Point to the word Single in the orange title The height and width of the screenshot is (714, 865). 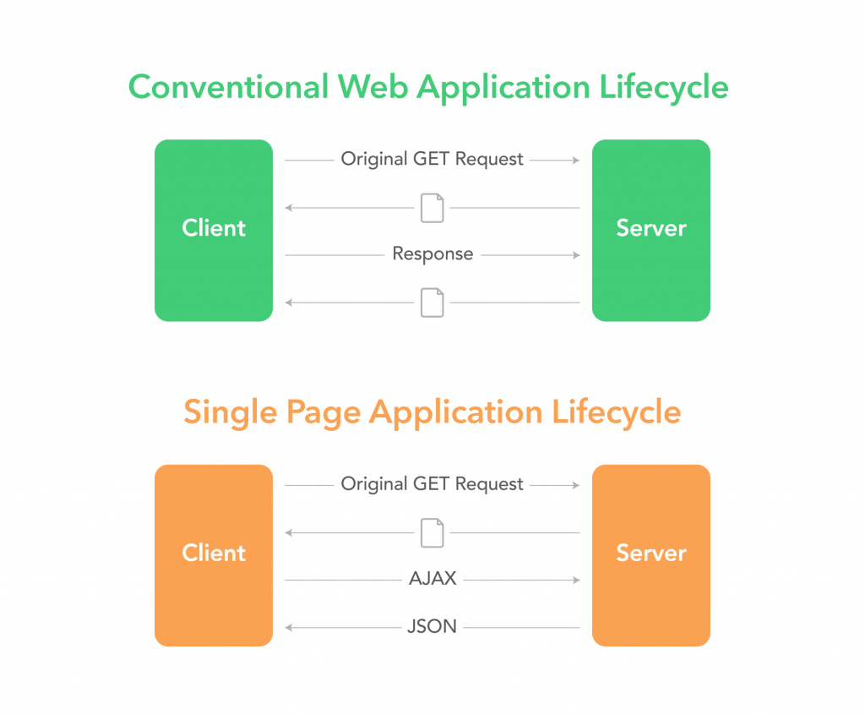[229, 412]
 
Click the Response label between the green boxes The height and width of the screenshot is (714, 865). [432, 254]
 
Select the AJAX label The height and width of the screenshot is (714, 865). [432, 580]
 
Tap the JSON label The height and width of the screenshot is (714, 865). [432, 627]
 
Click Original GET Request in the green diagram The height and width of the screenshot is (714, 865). [432, 159]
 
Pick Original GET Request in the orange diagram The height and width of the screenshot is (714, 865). [432, 484]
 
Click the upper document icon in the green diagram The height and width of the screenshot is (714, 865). [432, 207]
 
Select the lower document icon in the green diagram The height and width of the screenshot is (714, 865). [432, 302]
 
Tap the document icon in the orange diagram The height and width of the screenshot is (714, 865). [432, 532]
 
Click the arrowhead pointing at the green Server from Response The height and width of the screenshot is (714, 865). [576, 254]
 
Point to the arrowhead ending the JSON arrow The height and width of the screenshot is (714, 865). [289, 627]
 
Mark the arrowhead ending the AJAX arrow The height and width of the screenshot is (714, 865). [576, 580]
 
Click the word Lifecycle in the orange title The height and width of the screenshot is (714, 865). [616, 412]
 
